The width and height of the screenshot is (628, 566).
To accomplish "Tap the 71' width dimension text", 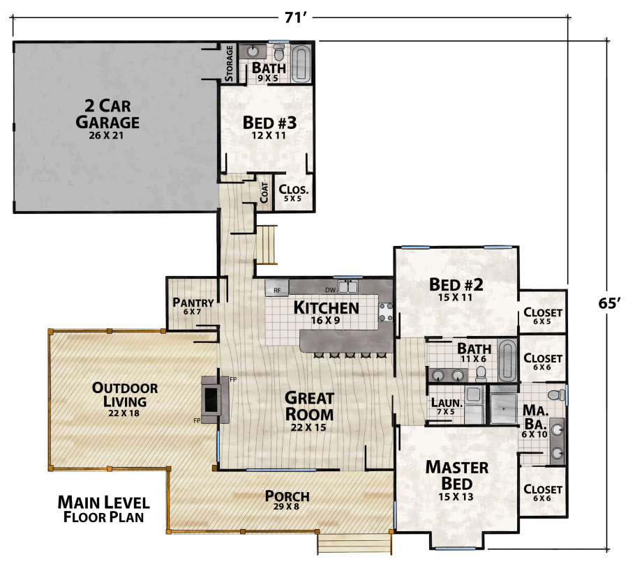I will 296,17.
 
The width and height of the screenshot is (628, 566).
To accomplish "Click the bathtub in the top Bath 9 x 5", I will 301,63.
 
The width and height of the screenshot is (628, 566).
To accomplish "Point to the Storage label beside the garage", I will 229,63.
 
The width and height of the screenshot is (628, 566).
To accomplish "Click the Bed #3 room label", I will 269,126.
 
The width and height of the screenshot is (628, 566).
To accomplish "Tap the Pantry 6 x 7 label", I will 193,306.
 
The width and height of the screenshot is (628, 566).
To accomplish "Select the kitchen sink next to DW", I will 348,287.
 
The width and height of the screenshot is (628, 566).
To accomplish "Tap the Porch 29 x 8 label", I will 287,500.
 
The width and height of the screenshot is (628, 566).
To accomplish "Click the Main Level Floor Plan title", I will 103,509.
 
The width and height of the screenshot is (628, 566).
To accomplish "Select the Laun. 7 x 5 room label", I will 444,405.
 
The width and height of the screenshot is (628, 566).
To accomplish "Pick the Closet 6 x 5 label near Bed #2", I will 543,316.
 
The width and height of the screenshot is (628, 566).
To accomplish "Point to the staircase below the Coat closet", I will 267,244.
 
